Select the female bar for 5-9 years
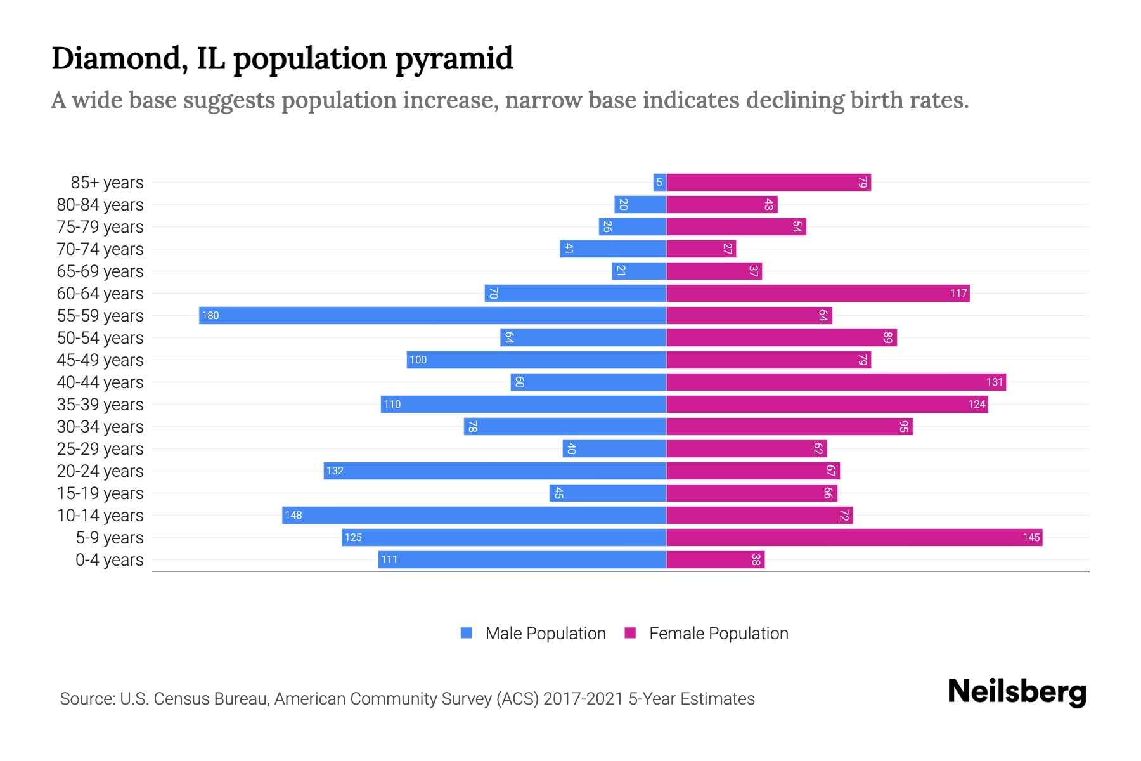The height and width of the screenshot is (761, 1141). tap(854, 538)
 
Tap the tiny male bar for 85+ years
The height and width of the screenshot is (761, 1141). tap(659, 183)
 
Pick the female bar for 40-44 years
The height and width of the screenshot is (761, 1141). tap(835, 382)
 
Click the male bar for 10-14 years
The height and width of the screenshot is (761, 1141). tap(474, 516)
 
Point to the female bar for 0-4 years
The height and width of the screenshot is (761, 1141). tap(715, 560)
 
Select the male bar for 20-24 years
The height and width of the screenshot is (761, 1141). tap(494, 471)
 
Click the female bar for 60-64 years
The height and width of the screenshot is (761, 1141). tap(818, 294)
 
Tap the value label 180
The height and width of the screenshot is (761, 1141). tap(210, 316)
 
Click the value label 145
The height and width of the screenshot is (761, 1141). tap(1031, 538)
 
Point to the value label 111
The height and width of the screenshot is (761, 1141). tap(389, 560)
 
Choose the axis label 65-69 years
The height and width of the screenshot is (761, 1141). tap(100, 271)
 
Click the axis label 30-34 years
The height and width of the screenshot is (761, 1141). tap(100, 427)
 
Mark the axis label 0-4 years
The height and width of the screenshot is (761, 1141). tap(109, 560)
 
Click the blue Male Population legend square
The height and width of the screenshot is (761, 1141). tap(467, 633)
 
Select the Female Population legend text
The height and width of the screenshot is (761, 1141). tap(718, 634)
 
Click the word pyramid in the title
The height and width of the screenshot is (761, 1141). tap(454, 59)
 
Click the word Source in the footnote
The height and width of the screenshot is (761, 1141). tap(87, 699)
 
